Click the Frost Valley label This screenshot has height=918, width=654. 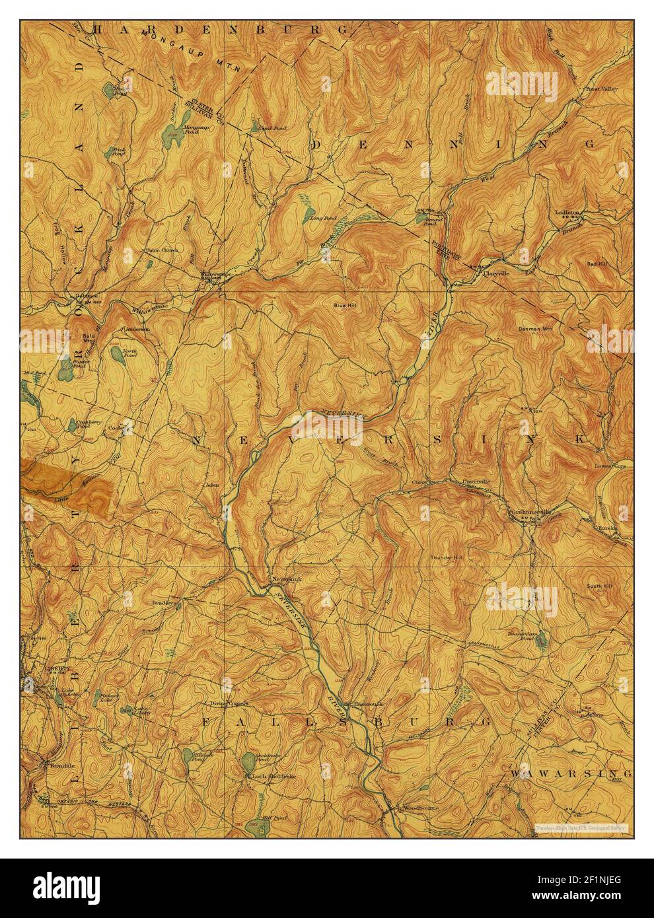click(x=600, y=87)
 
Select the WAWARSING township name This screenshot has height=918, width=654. click(x=571, y=772)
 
